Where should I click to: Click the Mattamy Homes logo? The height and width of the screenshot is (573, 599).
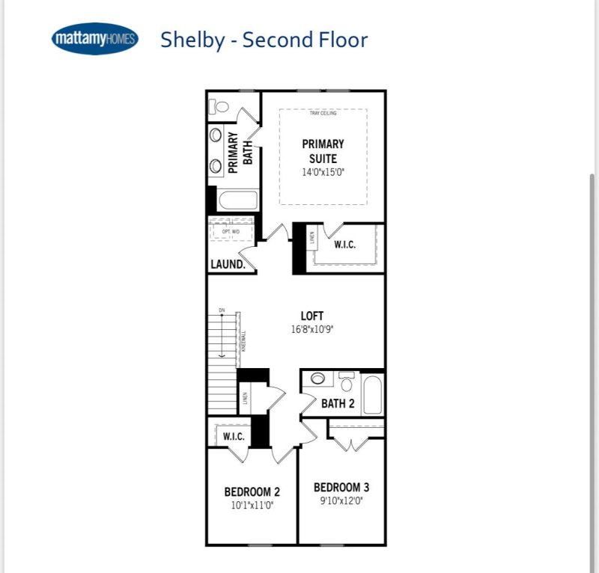pos(95,40)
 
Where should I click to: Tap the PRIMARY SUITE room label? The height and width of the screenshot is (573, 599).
pos(323,151)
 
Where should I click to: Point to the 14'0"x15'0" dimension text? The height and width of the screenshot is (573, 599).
pos(323,172)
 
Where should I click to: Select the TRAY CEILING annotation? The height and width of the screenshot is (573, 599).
pos(323,114)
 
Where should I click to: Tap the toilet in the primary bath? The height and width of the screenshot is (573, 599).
pos(219,106)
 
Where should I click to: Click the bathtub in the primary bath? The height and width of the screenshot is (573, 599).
pos(237,201)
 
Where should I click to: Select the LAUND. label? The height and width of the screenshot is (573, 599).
pos(228,265)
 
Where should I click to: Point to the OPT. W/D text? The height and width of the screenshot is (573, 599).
pos(231,232)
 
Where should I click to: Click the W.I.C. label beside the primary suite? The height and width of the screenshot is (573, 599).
pos(344,245)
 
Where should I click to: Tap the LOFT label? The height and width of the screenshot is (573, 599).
pos(312,316)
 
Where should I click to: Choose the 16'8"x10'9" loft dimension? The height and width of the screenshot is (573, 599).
pos(312,329)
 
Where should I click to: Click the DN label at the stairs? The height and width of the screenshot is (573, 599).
pos(222,310)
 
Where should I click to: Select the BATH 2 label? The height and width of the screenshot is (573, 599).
pos(338,404)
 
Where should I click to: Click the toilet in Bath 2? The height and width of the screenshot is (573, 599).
pos(346,383)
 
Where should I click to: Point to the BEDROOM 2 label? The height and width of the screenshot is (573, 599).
pos(252,491)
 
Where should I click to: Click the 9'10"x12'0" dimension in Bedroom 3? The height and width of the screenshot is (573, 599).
pos(341,500)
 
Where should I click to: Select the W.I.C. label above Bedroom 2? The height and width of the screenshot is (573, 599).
pos(234,436)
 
